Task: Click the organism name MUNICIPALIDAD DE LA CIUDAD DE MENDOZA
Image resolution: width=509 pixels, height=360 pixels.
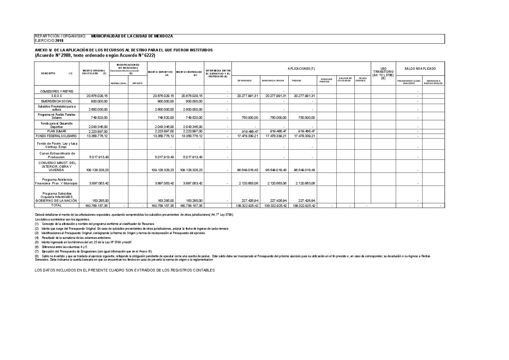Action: tap(132, 36)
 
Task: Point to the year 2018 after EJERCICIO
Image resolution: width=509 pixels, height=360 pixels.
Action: tap(60, 41)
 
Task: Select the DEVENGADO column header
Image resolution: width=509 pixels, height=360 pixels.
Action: tap(244, 81)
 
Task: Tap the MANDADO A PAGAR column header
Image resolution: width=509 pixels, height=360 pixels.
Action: tap(273, 81)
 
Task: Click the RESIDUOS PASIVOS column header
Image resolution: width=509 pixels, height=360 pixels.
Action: tap(326, 81)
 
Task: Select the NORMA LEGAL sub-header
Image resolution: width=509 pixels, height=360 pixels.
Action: tap(118, 83)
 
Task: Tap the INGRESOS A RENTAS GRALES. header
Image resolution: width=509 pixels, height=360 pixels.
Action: tap(433, 82)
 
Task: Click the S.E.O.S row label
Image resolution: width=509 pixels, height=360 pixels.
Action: tap(56, 96)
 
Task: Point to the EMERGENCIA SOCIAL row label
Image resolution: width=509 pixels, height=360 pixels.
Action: tap(56, 101)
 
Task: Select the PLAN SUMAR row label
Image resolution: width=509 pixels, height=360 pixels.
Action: tap(56, 131)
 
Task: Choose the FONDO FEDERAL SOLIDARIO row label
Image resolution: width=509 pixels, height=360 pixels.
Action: tap(56, 136)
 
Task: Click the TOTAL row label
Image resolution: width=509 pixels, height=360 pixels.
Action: tap(56, 206)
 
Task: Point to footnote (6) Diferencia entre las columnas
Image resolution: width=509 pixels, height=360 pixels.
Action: tap(61, 247)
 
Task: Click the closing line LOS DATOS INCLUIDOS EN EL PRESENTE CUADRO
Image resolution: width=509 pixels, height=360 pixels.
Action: tap(125, 270)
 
